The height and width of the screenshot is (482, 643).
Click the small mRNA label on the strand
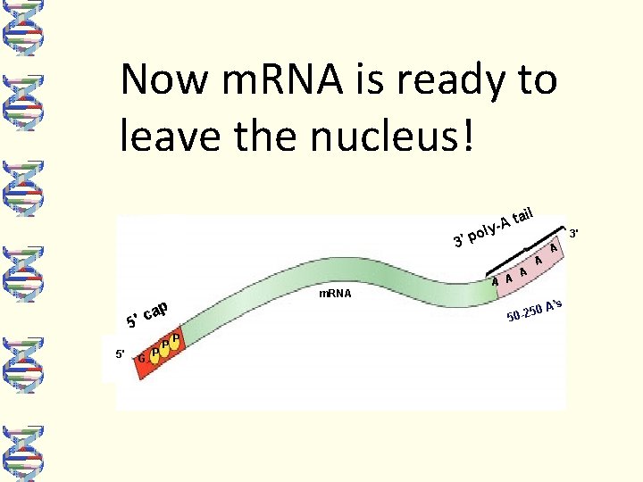point(335,293)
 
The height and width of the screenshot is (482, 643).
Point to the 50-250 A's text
point(538,311)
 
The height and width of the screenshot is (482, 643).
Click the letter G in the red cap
point(142,359)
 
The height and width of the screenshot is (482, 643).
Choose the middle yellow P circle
point(165,346)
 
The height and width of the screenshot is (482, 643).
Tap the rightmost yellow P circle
point(177,339)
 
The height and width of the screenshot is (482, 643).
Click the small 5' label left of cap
point(120,353)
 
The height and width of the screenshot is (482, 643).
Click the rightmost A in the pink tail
point(555,247)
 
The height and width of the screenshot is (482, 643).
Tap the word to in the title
point(535,79)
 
